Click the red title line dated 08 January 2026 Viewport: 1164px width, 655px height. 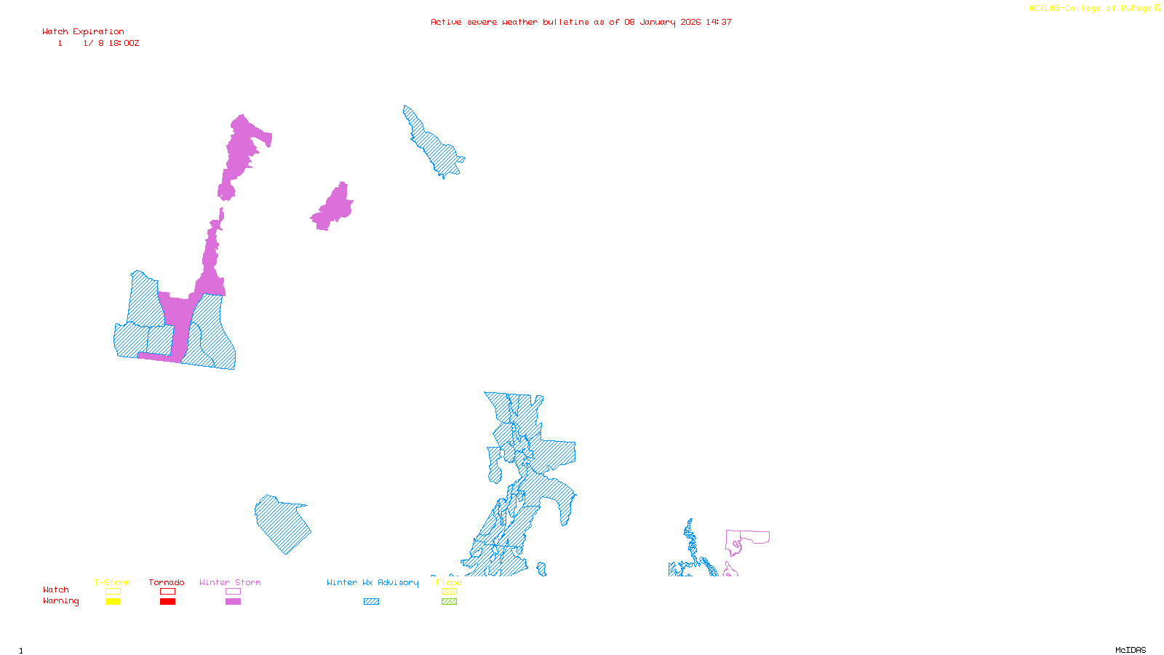pos(581,22)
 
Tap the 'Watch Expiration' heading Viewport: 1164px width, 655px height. pos(83,31)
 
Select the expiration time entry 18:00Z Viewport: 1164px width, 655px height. pos(124,44)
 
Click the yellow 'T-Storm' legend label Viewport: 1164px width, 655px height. pos(112,582)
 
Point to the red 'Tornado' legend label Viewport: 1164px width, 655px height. pos(167,582)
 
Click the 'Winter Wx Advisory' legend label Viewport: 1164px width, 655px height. pos(372,582)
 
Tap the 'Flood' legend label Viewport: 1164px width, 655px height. pos(449,582)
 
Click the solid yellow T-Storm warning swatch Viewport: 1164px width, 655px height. pos(113,602)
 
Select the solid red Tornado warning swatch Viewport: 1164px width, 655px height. pos(167,602)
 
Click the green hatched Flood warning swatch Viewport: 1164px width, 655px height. pos(450,602)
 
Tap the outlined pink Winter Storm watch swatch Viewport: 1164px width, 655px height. pos(233,592)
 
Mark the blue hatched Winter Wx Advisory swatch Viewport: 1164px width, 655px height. pos(371,602)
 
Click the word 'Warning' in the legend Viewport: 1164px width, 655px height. pos(60,601)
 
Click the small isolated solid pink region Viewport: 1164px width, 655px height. pos(334,208)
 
